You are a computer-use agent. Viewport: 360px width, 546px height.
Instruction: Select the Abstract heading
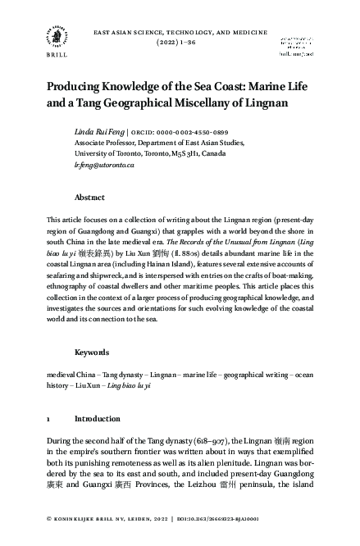89,198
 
